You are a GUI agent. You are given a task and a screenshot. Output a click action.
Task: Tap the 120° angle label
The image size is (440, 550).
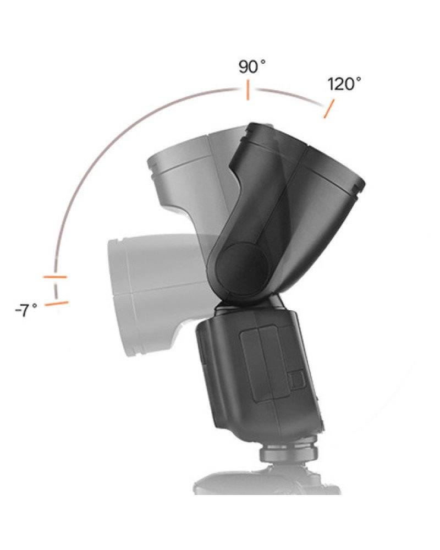tap(344, 85)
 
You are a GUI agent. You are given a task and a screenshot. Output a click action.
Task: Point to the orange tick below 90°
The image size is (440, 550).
tap(248, 90)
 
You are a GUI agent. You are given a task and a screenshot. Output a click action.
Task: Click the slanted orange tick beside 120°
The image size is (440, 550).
tap(328, 108)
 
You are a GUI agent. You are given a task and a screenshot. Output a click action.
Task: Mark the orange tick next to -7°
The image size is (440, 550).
tap(57, 303)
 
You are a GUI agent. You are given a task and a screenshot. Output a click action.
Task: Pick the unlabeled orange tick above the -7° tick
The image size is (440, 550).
tap(55, 277)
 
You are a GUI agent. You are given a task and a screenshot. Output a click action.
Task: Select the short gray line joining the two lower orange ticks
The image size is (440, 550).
tap(55, 290)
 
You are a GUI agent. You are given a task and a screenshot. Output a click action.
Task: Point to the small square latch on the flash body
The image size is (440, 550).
tap(296, 380)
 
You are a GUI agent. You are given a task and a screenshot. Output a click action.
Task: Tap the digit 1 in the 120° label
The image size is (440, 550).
tap(332, 85)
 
